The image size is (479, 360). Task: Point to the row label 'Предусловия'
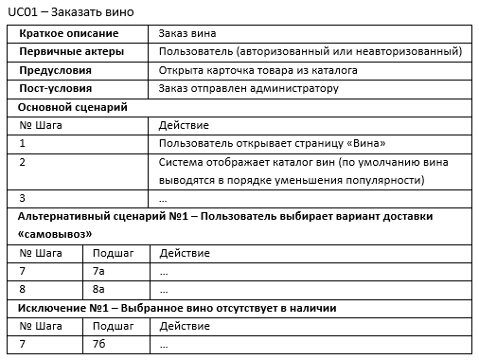(56, 70)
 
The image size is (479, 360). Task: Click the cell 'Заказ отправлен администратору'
(248, 88)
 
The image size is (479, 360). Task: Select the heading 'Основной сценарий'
(72, 107)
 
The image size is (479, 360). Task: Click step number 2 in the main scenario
(23, 162)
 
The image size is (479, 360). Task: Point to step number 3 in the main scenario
(23, 198)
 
